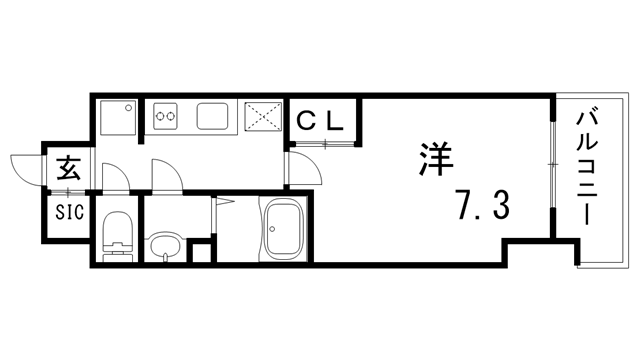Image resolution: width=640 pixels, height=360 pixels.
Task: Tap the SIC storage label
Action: pos(69,212)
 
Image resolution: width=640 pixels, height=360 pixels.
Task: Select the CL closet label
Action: pos(322,121)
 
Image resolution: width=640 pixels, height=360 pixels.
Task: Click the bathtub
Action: pos(285,229)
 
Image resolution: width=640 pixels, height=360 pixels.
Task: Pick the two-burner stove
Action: pos(166,117)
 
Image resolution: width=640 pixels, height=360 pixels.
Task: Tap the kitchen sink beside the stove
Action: pos(214,117)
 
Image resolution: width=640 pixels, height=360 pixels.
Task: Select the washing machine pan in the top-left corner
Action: pos(118,117)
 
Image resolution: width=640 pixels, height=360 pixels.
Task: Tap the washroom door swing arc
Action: pos(165,175)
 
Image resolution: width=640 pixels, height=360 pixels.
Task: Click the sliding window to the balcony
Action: pos(552,165)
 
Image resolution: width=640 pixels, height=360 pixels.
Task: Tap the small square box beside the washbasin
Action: pos(201,251)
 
